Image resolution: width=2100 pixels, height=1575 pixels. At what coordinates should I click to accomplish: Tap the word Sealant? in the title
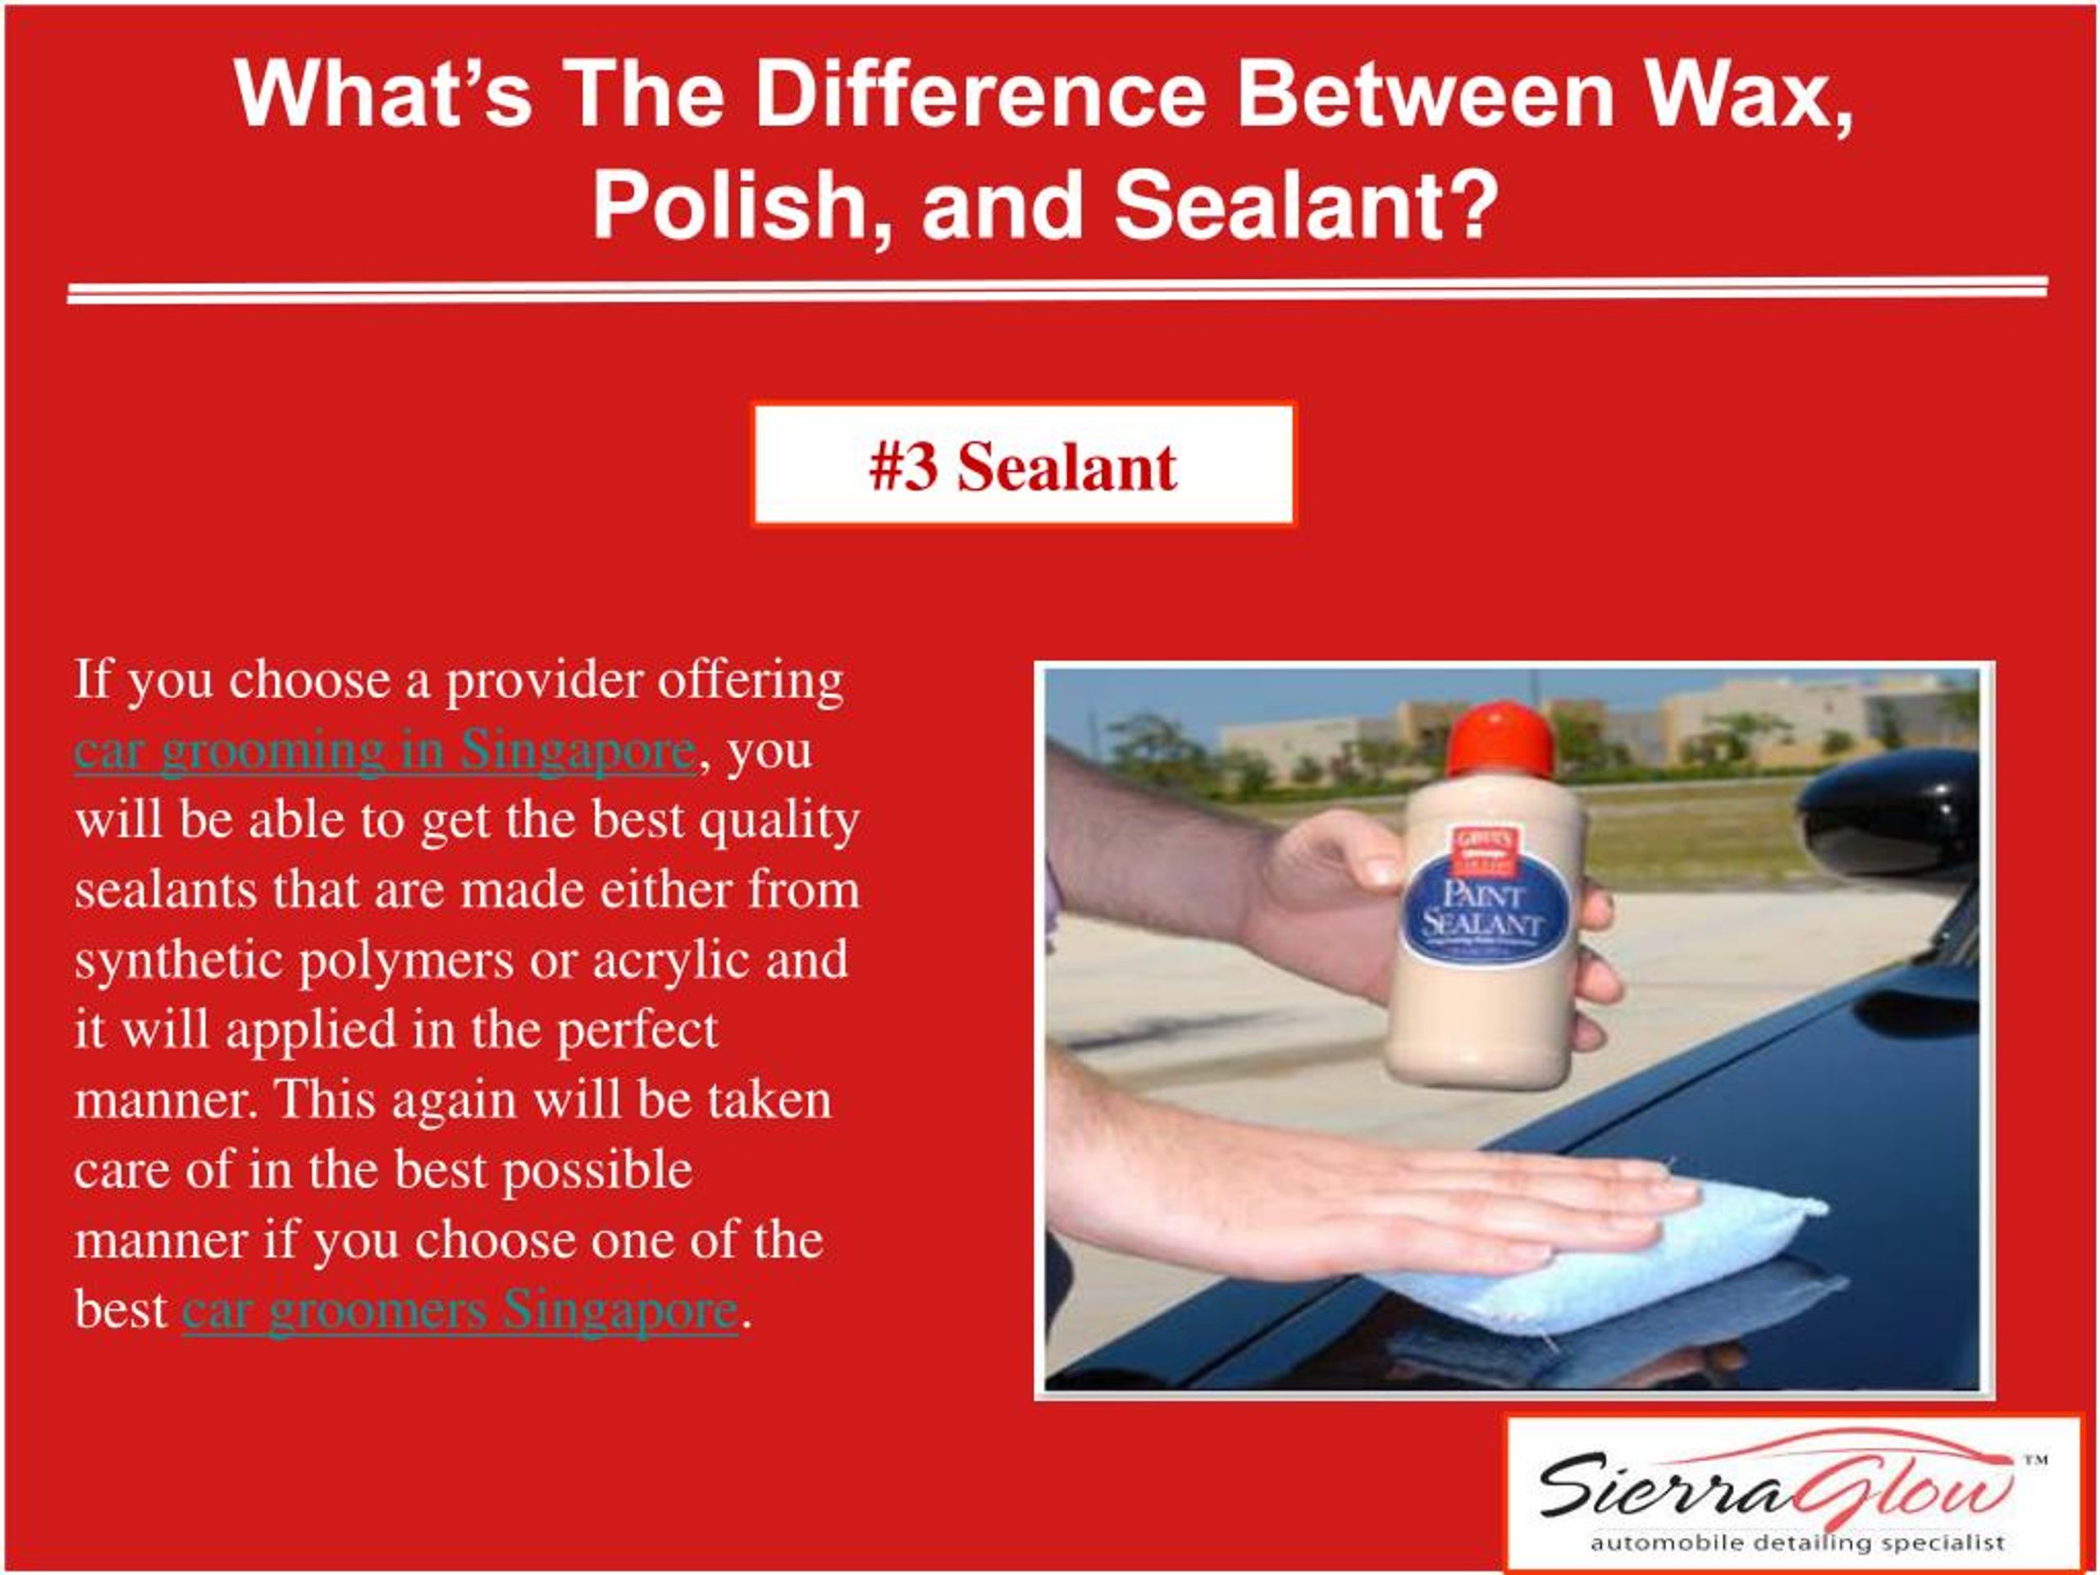pyautogui.click(x=1305, y=207)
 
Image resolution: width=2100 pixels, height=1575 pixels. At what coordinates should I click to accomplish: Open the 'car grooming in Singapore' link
pyautogui.click(x=385, y=750)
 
